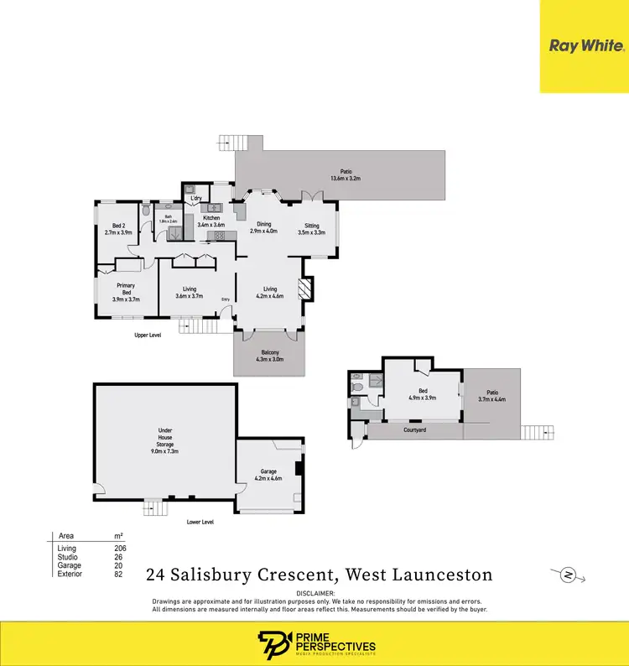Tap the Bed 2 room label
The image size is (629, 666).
coord(118,229)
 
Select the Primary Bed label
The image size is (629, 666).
coord(127,289)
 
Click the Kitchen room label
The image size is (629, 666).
coord(211,221)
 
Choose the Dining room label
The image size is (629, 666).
coord(264,227)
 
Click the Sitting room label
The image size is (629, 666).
coord(311,229)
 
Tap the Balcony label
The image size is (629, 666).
coord(269,354)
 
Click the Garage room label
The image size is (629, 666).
coord(268,475)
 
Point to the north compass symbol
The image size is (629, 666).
coord(568,575)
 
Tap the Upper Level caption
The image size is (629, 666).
coord(148,335)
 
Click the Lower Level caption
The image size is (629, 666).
coord(200,522)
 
